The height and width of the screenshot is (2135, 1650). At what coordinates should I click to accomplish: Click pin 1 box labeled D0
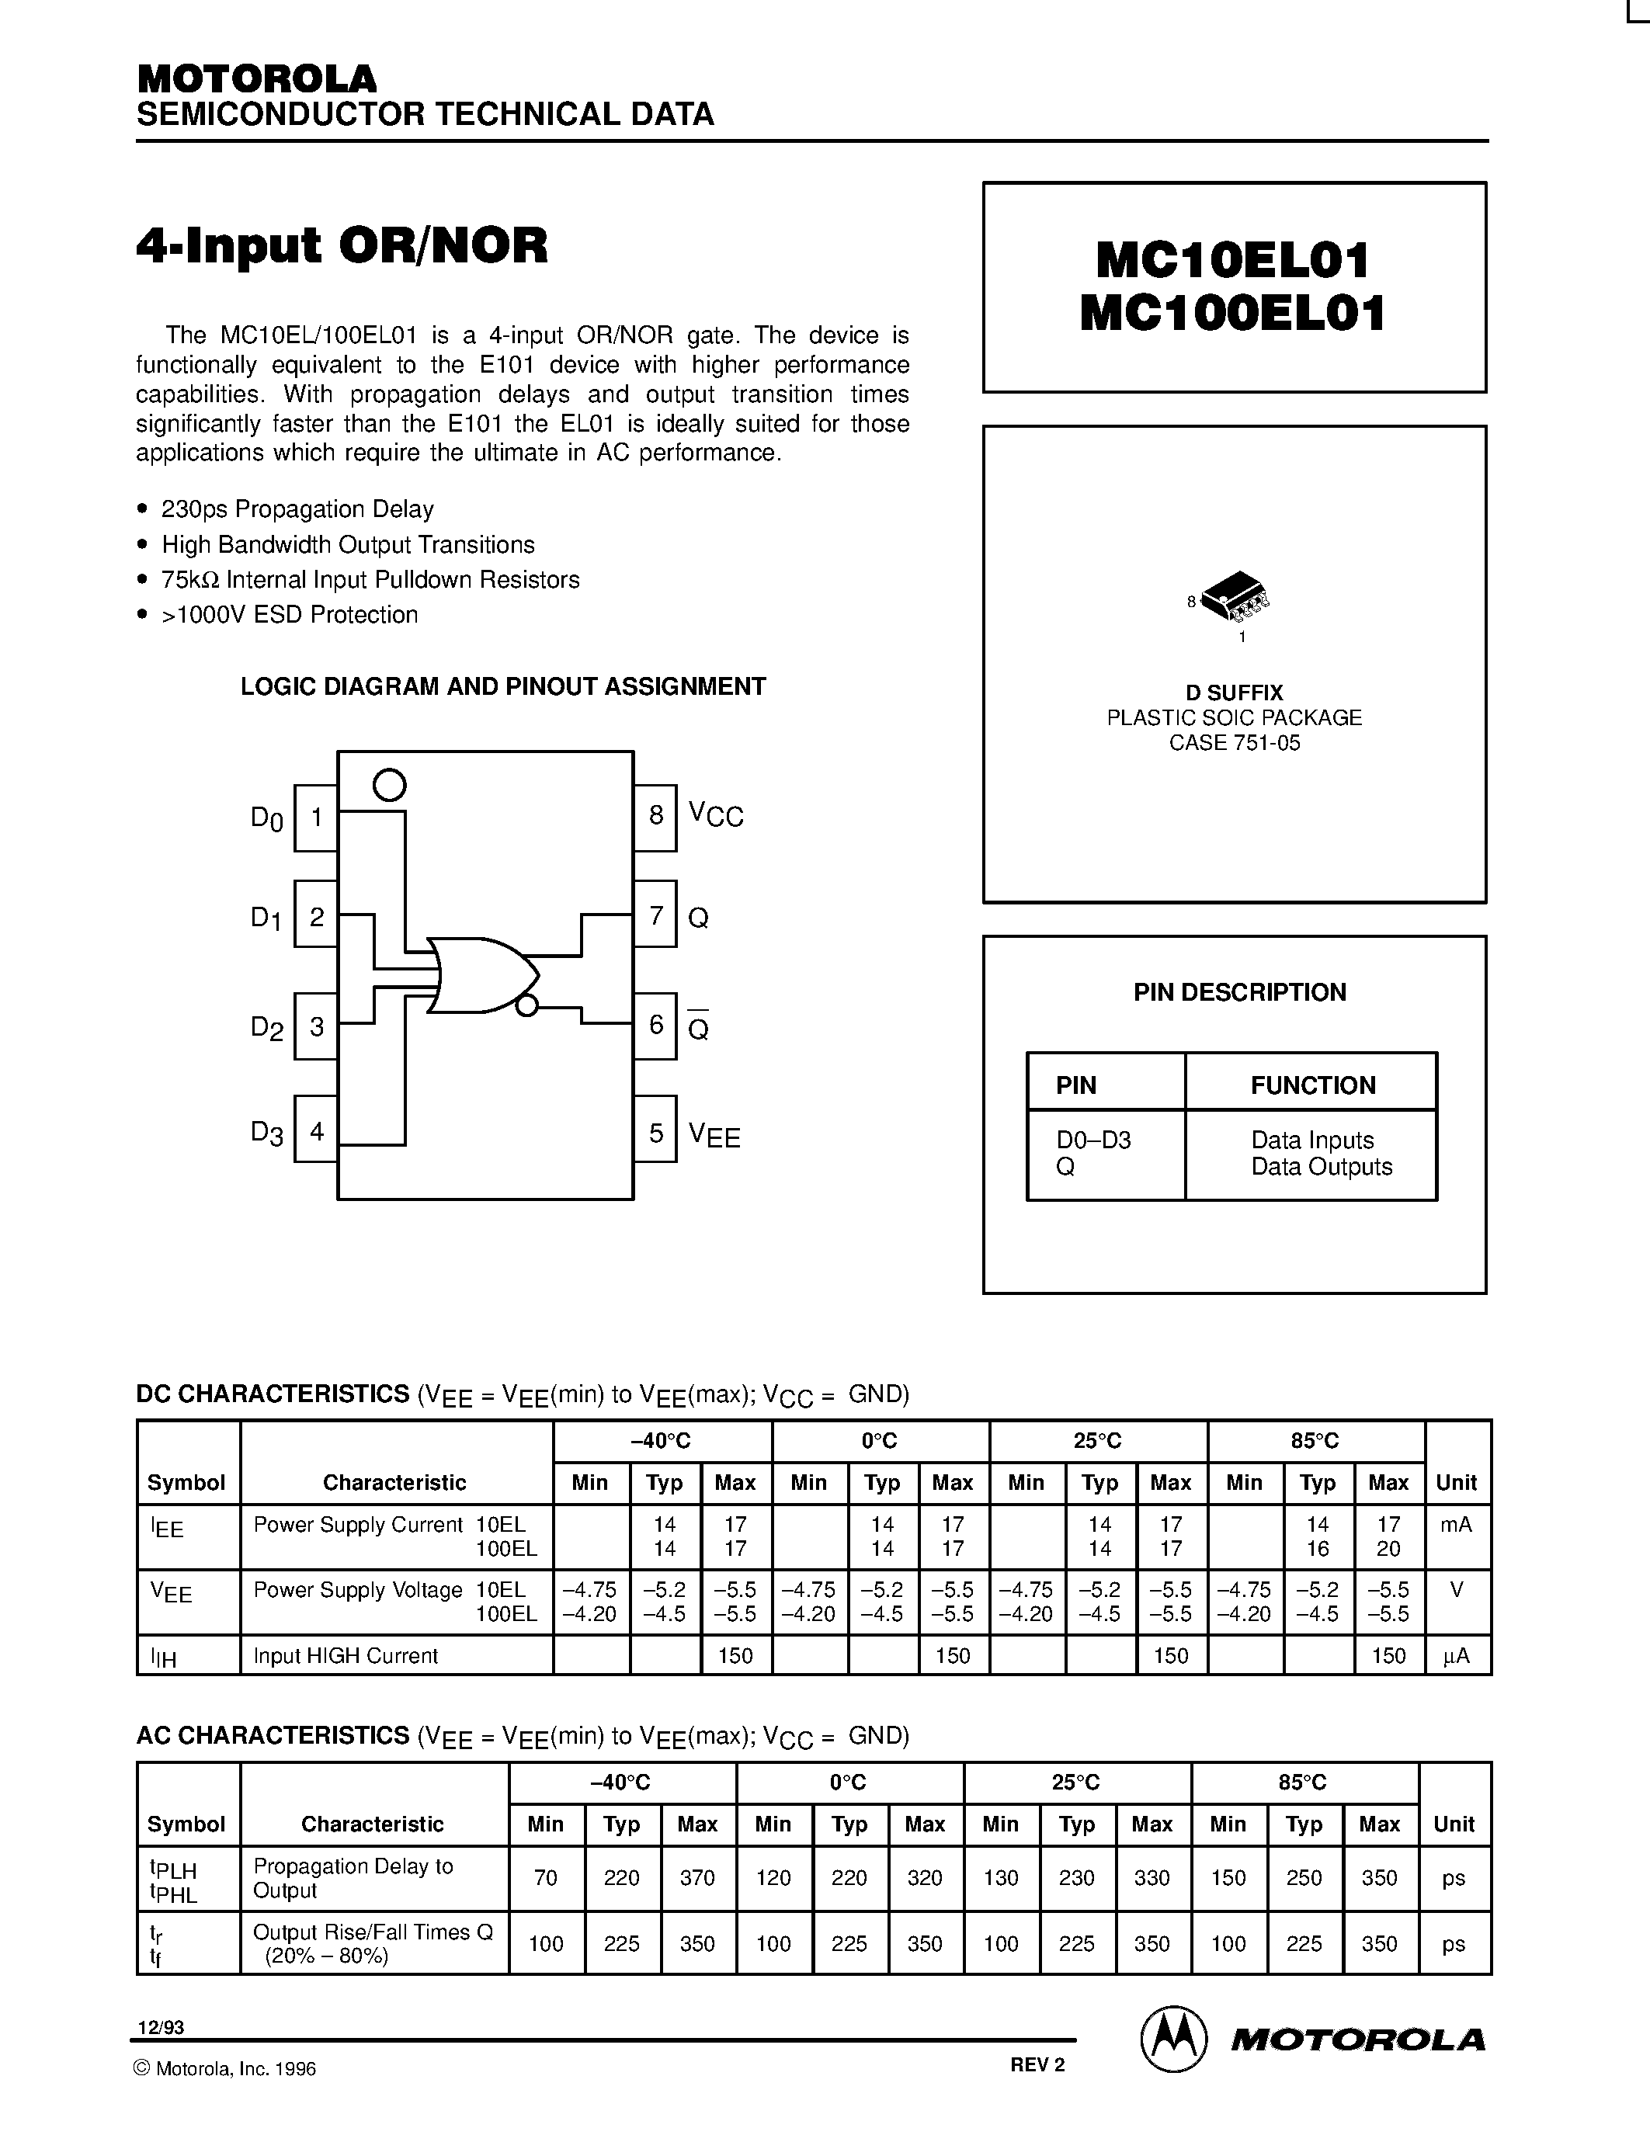316,818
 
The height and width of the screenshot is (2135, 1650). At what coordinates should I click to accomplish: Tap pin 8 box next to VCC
655,815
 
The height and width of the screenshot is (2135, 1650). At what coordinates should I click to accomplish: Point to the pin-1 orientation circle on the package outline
389,784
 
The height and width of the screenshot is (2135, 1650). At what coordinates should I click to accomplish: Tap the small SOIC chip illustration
1234,595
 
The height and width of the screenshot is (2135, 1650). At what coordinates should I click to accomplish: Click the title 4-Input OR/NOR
342,245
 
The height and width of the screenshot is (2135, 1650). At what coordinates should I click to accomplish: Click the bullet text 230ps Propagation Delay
297,509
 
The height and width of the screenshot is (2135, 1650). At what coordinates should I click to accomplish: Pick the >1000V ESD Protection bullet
290,615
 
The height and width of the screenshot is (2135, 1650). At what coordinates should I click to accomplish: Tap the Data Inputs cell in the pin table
1311,1140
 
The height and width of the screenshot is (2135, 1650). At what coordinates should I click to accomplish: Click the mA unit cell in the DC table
1455,1524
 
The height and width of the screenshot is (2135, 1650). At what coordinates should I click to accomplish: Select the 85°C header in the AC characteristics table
1302,1782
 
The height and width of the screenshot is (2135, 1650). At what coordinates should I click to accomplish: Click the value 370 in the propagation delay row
697,1878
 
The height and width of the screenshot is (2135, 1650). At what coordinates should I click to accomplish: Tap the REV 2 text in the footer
1037,2064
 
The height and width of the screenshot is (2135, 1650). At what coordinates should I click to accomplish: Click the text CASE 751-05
1234,743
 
